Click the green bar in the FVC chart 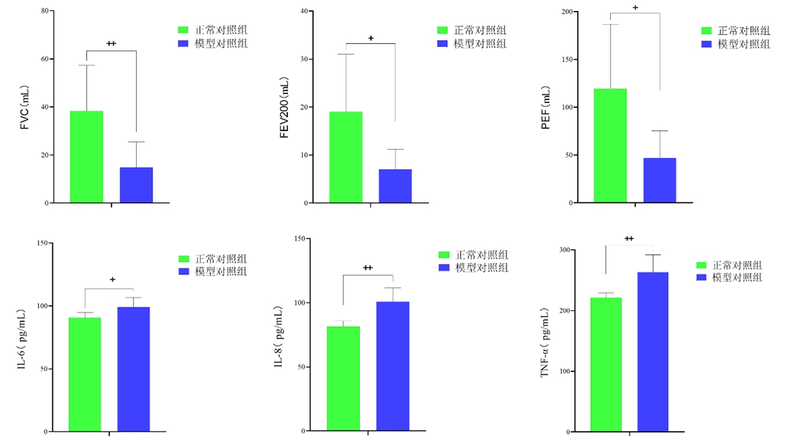click(x=87, y=157)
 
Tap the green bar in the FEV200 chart click(x=345, y=157)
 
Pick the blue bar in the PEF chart click(x=659, y=180)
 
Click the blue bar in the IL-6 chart click(x=133, y=369)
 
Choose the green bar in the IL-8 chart click(x=343, y=379)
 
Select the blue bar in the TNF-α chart click(x=653, y=352)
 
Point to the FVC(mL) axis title click(x=25, y=108)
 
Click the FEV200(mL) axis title click(x=284, y=109)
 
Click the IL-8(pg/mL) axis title click(x=280, y=336)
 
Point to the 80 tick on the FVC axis click(x=45, y=11)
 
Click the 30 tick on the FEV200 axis click(x=304, y=59)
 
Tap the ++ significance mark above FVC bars click(x=111, y=44)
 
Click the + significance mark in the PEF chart click(x=635, y=8)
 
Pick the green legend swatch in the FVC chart click(x=183, y=30)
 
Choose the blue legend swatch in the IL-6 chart click(x=183, y=272)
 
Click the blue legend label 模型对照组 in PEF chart click(x=744, y=44)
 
